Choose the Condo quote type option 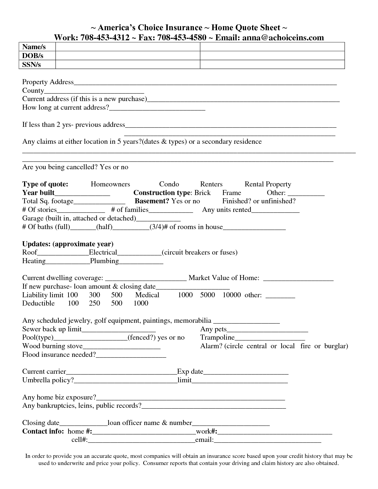[169, 184]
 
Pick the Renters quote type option [211, 184]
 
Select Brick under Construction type [202, 193]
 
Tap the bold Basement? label [152, 201]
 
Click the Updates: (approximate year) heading [68, 244]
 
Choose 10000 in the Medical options [232, 295]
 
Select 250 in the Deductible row [94, 303]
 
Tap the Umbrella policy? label [48, 380]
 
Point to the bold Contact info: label [43, 431]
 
